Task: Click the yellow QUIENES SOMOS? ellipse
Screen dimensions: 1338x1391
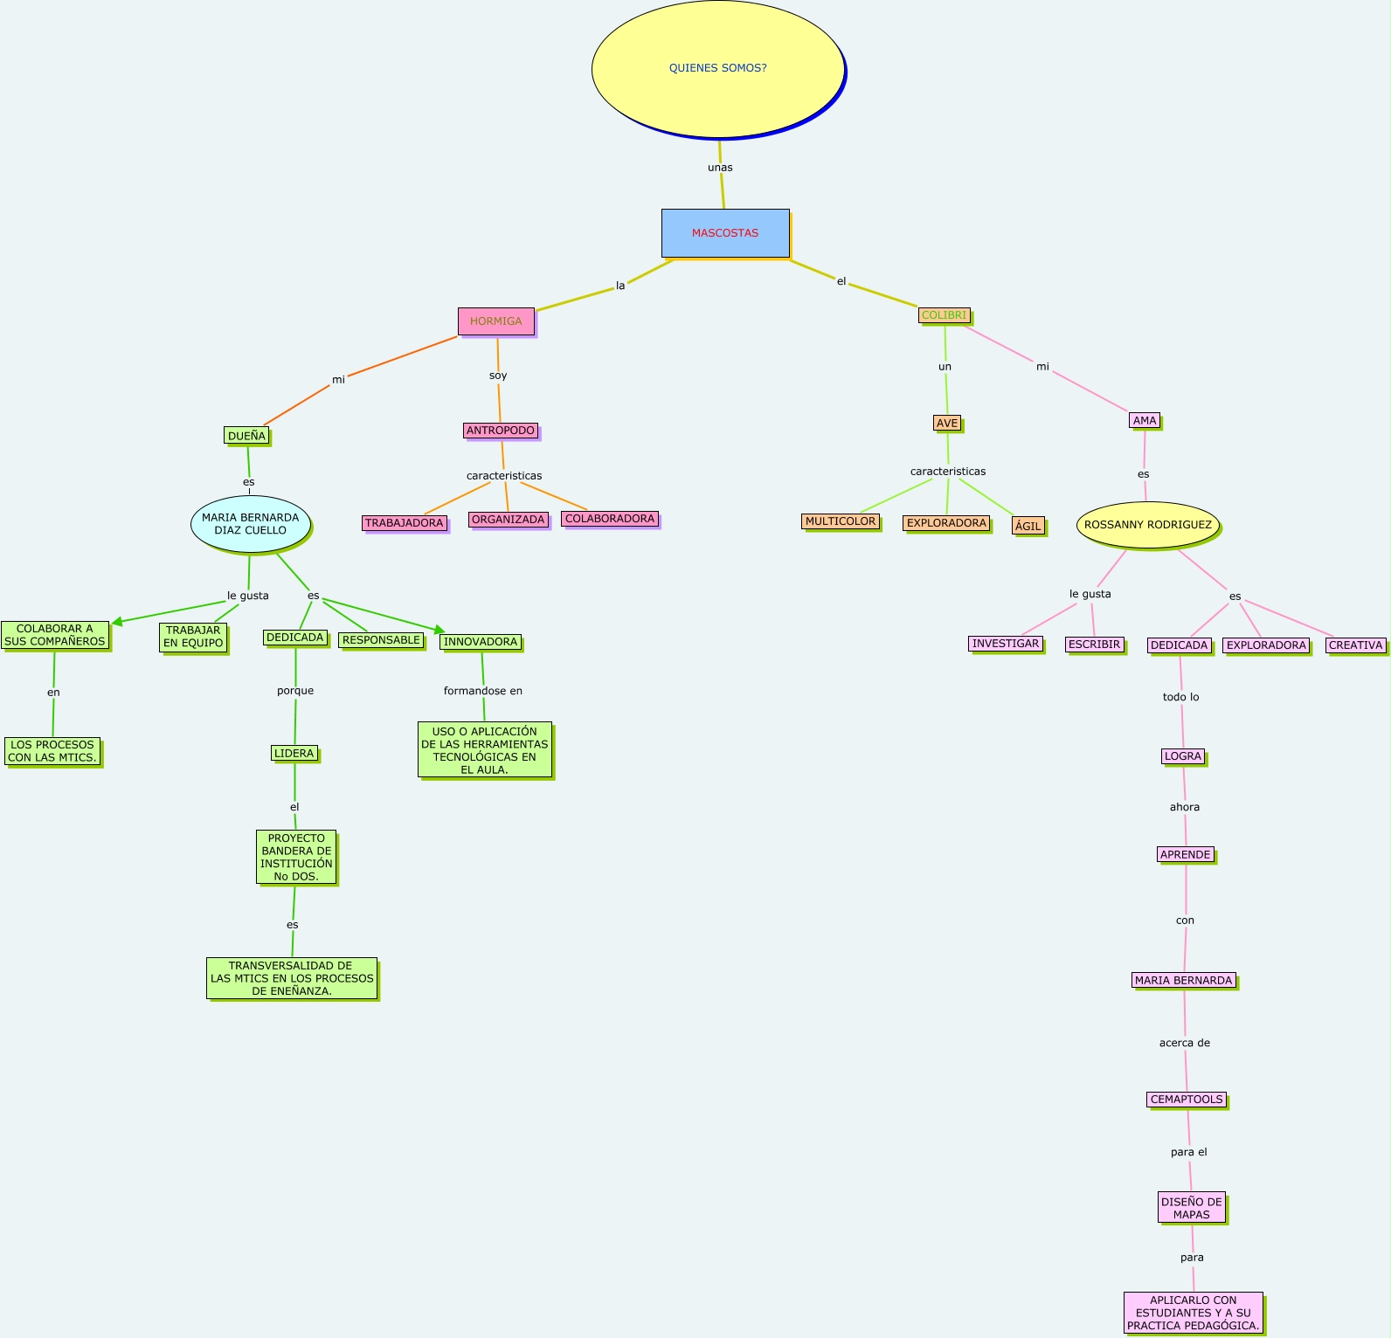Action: click(x=717, y=68)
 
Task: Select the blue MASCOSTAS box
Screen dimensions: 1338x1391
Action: click(x=725, y=233)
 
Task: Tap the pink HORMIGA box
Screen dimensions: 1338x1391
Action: click(x=495, y=321)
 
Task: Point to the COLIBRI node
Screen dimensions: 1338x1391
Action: click(x=944, y=315)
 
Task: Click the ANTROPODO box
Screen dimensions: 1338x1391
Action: click(x=501, y=431)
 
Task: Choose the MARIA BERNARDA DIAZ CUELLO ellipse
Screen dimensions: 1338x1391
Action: click(x=251, y=524)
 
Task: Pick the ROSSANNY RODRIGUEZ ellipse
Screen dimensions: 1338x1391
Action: click(x=1147, y=525)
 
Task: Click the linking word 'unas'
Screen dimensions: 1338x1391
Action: click(x=720, y=168)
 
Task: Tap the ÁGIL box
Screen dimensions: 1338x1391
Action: click(x=1028, y=526)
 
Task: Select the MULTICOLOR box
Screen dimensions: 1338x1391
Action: click(x=841, y=521)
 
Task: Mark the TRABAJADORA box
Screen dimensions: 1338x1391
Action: click(x=405, y=523)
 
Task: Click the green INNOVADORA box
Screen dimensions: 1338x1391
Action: click(x=481, y=642)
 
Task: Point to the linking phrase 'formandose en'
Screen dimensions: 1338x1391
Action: click(x=483, y=691)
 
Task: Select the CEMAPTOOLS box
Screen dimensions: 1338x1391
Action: click(x=1187, y=1100)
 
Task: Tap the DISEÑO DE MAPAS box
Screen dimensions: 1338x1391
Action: click(x=1192, y=1208)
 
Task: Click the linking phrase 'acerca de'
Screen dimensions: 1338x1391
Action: click(x=1185, y=1043)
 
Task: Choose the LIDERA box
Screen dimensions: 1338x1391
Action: click(x=294, y=753)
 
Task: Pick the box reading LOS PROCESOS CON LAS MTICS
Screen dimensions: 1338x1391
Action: click(x=52, y=751)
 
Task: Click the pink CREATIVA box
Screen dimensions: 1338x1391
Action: click(x=1356, y=645)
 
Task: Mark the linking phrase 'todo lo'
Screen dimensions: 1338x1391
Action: click(x=1181, y=697)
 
